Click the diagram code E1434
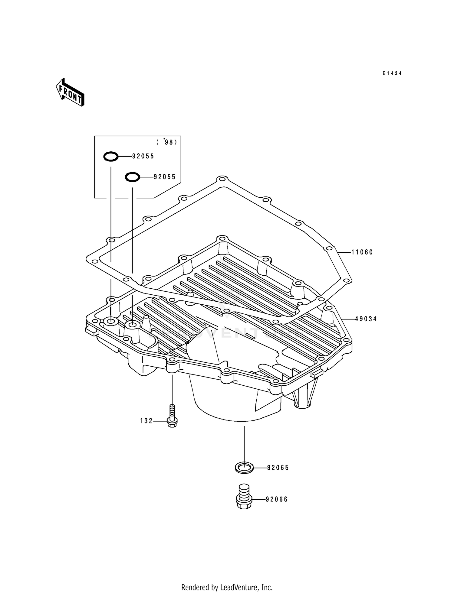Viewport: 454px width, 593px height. tap(392, 73)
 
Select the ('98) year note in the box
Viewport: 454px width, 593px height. tap(166, 142)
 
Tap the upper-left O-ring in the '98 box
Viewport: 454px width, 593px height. tap(111, 157)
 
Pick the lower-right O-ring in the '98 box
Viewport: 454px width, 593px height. tap(133, 177)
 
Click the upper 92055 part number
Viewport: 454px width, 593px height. tap(143, 156)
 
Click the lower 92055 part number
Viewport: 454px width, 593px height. tap(165, 177)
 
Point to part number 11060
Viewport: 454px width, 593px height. tap(362, 252)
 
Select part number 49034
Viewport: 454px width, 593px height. tap(366, 319)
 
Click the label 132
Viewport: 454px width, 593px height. tap(146, 421)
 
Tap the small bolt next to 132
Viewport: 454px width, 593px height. tap(172, 417)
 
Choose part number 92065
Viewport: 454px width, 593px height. tap(278, 468)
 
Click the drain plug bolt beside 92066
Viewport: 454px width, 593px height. tap(244, 497)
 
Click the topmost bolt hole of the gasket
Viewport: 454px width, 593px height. tap(222, 180)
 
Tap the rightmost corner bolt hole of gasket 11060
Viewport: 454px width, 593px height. tap(347, 280)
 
